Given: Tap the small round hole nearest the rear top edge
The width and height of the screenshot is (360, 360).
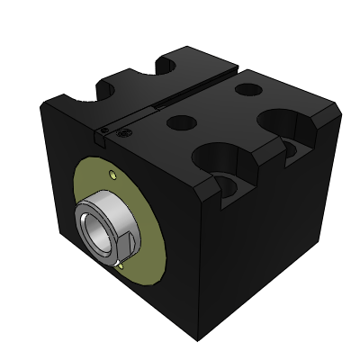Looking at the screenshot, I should tap(246, 90).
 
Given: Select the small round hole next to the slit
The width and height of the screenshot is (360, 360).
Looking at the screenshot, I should tap(183, 121).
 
